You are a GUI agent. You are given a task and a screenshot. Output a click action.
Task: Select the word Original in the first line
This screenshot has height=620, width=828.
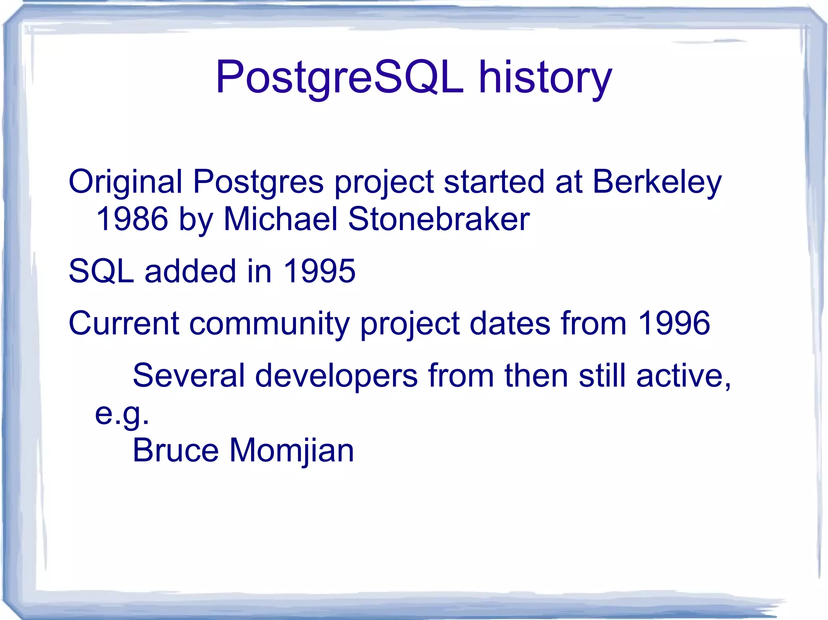[x=125, y=182]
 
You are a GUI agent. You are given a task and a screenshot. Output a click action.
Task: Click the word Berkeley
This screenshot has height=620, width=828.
[x=657, y=182]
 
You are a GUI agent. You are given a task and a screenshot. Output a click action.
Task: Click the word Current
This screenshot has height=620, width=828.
[x=124, y=323]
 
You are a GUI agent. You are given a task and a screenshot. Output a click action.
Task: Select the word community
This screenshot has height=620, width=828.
[x=269, y=323]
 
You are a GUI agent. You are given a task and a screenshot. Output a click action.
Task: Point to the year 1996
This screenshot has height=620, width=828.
[x=673, y=323]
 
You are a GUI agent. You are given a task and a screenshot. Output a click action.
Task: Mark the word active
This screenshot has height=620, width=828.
[x=683, y=376]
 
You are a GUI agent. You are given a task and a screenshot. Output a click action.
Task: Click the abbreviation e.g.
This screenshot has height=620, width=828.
[x=122, y=414]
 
